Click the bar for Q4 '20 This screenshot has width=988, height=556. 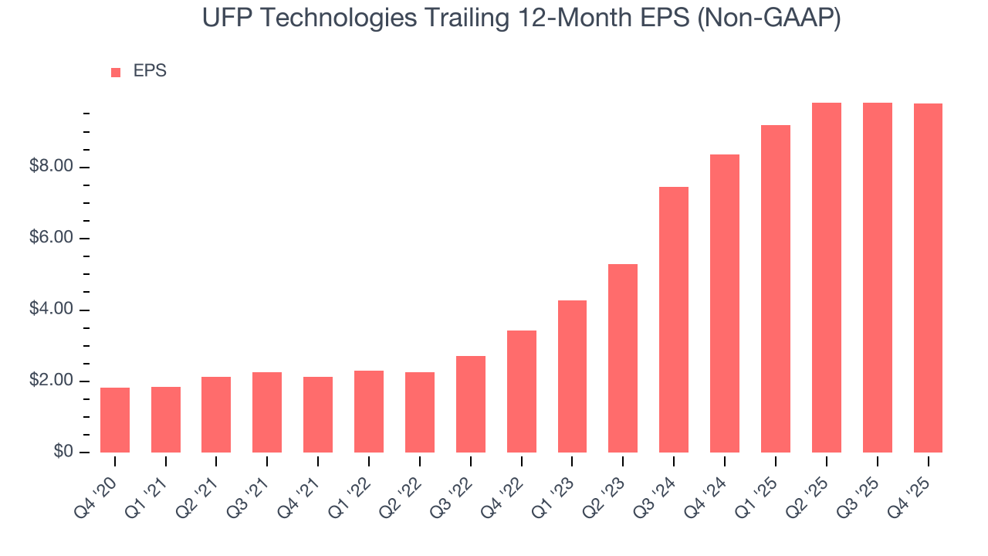pyautogui.click(x=115, y=420)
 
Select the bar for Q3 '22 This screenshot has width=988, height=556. pyautogui.click(x=471, y=404)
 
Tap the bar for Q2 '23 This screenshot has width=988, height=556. pyautogui.click(x=623, y=358)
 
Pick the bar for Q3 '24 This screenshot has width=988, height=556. pyautogui.click(x=674, y=320)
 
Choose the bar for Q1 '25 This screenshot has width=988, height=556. pyautogui.click(x=776, y=289)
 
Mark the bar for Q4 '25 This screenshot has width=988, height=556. pyautogui.click(x=928, y=278)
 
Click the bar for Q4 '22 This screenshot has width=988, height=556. pyautogui.click(x=522, y=392)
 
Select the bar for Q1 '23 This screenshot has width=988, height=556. pyautogui.click(x=572, y=376)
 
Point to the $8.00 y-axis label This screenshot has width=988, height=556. pyautogui.click(x=51, y=167)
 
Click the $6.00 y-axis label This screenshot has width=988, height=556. pyautogui.click(x=51, y=239)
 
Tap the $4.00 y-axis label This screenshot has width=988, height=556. pyautogui.click(x=51, y=310)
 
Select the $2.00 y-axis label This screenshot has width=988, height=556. pyautogui.click(x=51, y=381)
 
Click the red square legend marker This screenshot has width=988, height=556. pyautogui.click(x=116, y=73)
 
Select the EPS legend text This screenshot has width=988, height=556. pyautogui.click(x=150, y=71)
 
